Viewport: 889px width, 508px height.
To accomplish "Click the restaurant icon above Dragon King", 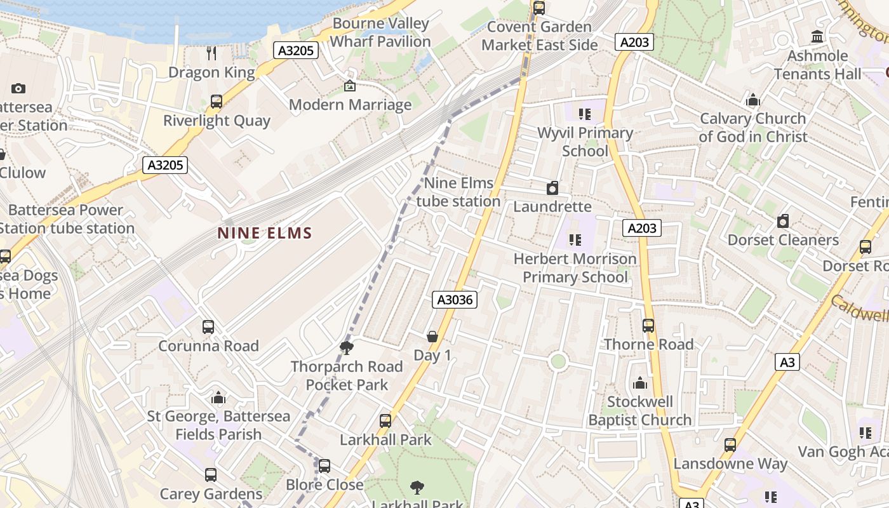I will tap(211, 53).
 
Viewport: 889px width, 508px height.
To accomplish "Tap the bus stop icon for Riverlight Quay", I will tap(217, 102).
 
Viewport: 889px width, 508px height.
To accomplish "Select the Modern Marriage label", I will tap(350, 105).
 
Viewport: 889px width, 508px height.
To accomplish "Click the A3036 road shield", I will tap(455, 300).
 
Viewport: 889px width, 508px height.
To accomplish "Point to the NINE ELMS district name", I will tap(265, 233).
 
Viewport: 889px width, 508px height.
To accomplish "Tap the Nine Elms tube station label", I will tap(458, 192).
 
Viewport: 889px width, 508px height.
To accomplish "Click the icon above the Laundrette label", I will tap(552, 188).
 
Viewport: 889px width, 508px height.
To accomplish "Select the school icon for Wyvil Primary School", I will tap(585, 114).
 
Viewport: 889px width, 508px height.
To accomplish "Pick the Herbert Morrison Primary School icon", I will tap(575, 240).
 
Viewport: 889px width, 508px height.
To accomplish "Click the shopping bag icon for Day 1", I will tap(432, 336).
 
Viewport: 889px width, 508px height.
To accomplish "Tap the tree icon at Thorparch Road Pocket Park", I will tap(347, 347).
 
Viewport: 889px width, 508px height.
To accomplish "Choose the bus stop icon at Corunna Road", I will tap(208, 327).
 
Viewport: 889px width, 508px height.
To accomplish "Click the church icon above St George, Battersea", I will tap(218, 398).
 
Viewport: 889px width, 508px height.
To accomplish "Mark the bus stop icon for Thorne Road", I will tap(648, 325).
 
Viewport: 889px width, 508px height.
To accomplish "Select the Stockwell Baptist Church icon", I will tap(639, 383).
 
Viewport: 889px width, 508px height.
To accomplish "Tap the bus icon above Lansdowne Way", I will tap(730, 445).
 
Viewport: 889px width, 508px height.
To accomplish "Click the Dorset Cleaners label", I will tap(782, 240).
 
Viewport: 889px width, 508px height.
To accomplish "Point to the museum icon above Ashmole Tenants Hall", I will tap(817, 37).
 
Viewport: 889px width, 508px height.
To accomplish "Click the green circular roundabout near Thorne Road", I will tap(558, 361).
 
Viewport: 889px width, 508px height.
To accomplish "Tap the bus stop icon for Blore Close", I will tap(324, 466).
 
